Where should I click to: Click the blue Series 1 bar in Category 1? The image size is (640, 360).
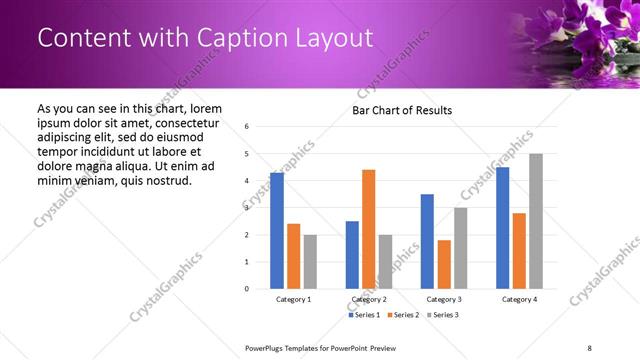click(x=277, y=231)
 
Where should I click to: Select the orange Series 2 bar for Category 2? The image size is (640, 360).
click(x=368, y=229)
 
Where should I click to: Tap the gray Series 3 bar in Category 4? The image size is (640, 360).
click(x=536, y=221)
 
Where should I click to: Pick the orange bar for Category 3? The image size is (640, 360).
click(x=444, y=264)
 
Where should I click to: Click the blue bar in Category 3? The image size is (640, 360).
click(x=427, y=241)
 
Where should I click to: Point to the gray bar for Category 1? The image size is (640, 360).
click(x=310, y=262)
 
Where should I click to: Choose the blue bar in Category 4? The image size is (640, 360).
click(x=502, y=228)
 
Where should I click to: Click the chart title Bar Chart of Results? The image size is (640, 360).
click(x=402, y=110)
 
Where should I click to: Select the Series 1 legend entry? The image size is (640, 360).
click(x=364, y=315)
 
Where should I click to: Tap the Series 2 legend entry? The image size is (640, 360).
click(x=402, y=315)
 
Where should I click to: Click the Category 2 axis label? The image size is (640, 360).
click(x=369, y=300)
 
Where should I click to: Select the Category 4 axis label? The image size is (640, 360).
click(x=519, y=300)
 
